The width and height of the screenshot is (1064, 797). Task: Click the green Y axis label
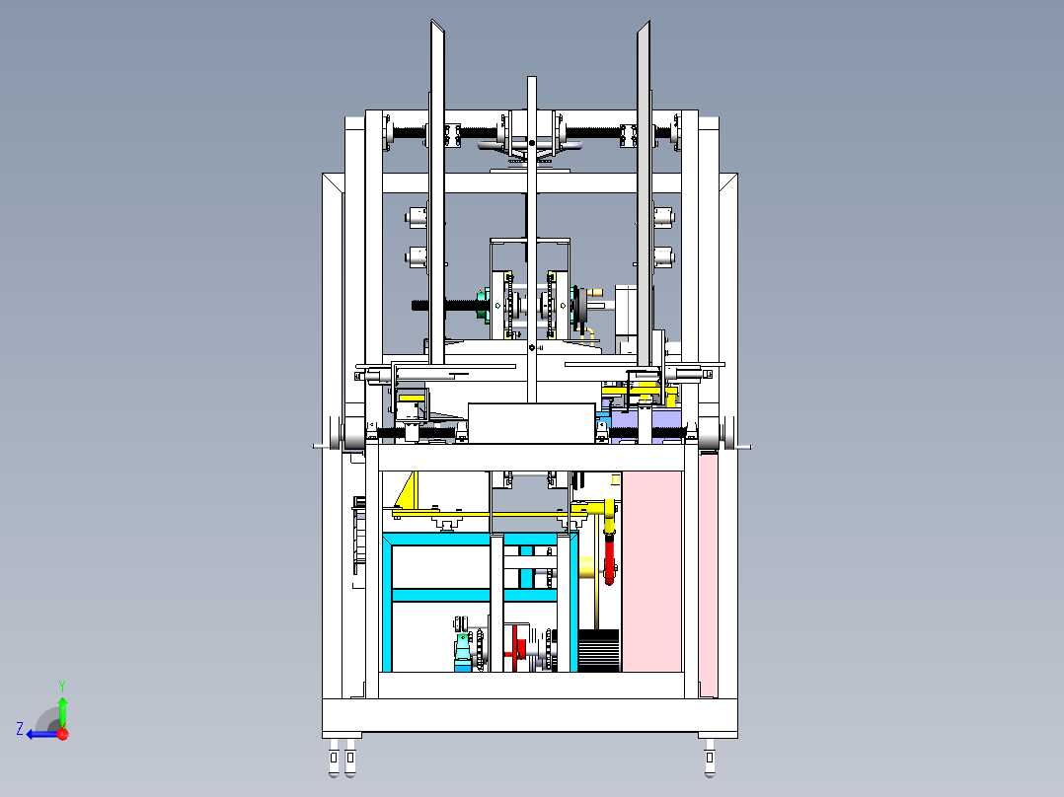click(x=62, y=686)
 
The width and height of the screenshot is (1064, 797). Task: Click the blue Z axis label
click(x=20, y=729)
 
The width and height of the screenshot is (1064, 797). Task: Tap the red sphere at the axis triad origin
click(x=63, y=734)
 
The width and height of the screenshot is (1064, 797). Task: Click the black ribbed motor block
click(x=598, y=650)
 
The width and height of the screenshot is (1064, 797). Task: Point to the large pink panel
click(x=651, y=571)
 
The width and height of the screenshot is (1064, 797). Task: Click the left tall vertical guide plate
click(x=437, y=193)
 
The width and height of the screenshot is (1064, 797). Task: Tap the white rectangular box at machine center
click(x=531, y=423)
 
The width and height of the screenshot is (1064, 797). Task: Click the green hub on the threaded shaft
click(x=483, y=305)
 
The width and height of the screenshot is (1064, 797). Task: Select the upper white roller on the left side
click(x=416, y=217)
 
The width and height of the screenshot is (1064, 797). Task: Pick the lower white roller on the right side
click(x=663, y=256)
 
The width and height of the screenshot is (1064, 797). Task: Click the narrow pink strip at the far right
click(x=709, y=575)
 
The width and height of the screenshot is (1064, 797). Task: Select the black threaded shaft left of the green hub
click(x=445, y=305)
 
